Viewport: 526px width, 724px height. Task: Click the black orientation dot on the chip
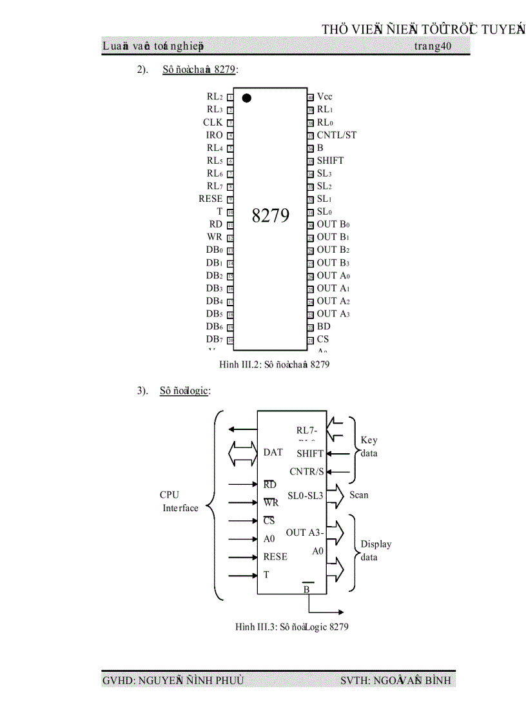tap(246, 98)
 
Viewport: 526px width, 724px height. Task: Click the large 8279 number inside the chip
tap(271, 215)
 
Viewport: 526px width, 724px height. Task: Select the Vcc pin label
tap(325, 97)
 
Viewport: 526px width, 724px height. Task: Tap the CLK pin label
tap(213, 122)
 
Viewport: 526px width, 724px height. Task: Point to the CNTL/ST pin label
tap(336, 135)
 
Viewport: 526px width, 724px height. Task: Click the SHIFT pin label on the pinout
tap(330, 161)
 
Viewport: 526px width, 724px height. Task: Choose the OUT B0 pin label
tap(333, 224)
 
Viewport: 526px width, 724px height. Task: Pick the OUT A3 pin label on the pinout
tap(333, 314)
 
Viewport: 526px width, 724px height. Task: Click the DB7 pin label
tap(215, 339)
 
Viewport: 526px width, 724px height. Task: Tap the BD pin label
tap(324, 327)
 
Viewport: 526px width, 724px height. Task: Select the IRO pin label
tap(214, 135)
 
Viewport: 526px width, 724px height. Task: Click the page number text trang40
tap(433, 46)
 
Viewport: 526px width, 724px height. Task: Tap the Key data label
tap(369, 447)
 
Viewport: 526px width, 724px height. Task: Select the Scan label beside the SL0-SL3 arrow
tap(359, 495)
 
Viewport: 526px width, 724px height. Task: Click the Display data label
tap(375, 551)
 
